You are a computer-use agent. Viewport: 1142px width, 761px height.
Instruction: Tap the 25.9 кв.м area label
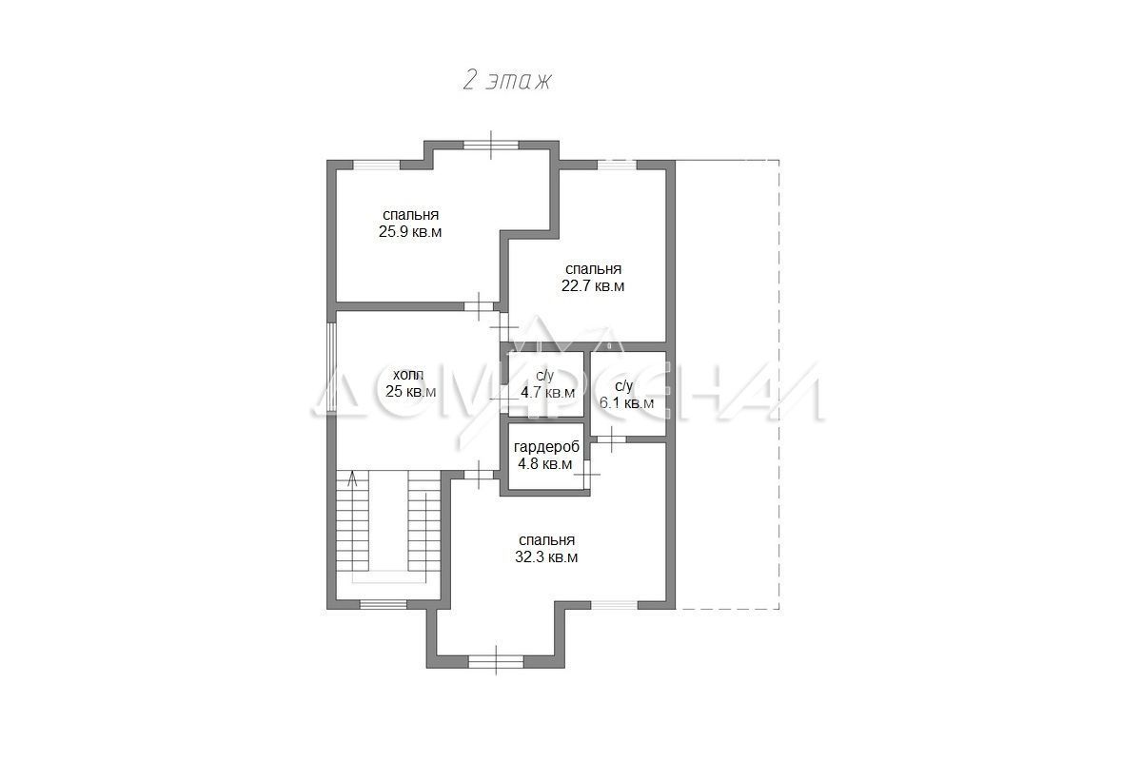(410, 232)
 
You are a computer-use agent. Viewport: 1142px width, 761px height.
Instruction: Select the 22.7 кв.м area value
(593, 286)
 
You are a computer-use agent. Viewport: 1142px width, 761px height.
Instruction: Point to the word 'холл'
(408, 375)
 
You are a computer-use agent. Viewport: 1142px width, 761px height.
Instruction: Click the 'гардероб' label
(546, 447)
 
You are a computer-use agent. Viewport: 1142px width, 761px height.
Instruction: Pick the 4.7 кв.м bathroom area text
(547, 393)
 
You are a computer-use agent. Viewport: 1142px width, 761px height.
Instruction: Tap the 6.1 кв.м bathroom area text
(626, 403)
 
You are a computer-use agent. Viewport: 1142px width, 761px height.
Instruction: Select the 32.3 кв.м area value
(546, 557)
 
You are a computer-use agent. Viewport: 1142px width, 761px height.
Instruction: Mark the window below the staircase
(384, 604)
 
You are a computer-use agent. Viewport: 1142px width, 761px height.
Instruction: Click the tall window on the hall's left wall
(331, 367)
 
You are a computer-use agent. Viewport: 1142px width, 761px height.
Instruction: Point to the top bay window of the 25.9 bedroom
(491, 145)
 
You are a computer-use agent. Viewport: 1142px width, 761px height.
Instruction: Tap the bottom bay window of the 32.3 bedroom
(496, 662)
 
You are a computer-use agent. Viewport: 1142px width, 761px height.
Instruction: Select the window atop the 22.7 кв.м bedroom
(617, 165)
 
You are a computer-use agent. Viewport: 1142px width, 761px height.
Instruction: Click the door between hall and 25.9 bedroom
(479, 306)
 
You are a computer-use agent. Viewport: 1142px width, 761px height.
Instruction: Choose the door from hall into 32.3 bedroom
(479, 475)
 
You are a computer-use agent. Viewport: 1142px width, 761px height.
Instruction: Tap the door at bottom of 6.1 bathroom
(611, 439)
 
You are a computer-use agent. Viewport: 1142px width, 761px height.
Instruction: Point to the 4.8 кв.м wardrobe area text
(545, 464)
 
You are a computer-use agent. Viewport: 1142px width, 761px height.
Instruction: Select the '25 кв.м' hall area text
(411, 392)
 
